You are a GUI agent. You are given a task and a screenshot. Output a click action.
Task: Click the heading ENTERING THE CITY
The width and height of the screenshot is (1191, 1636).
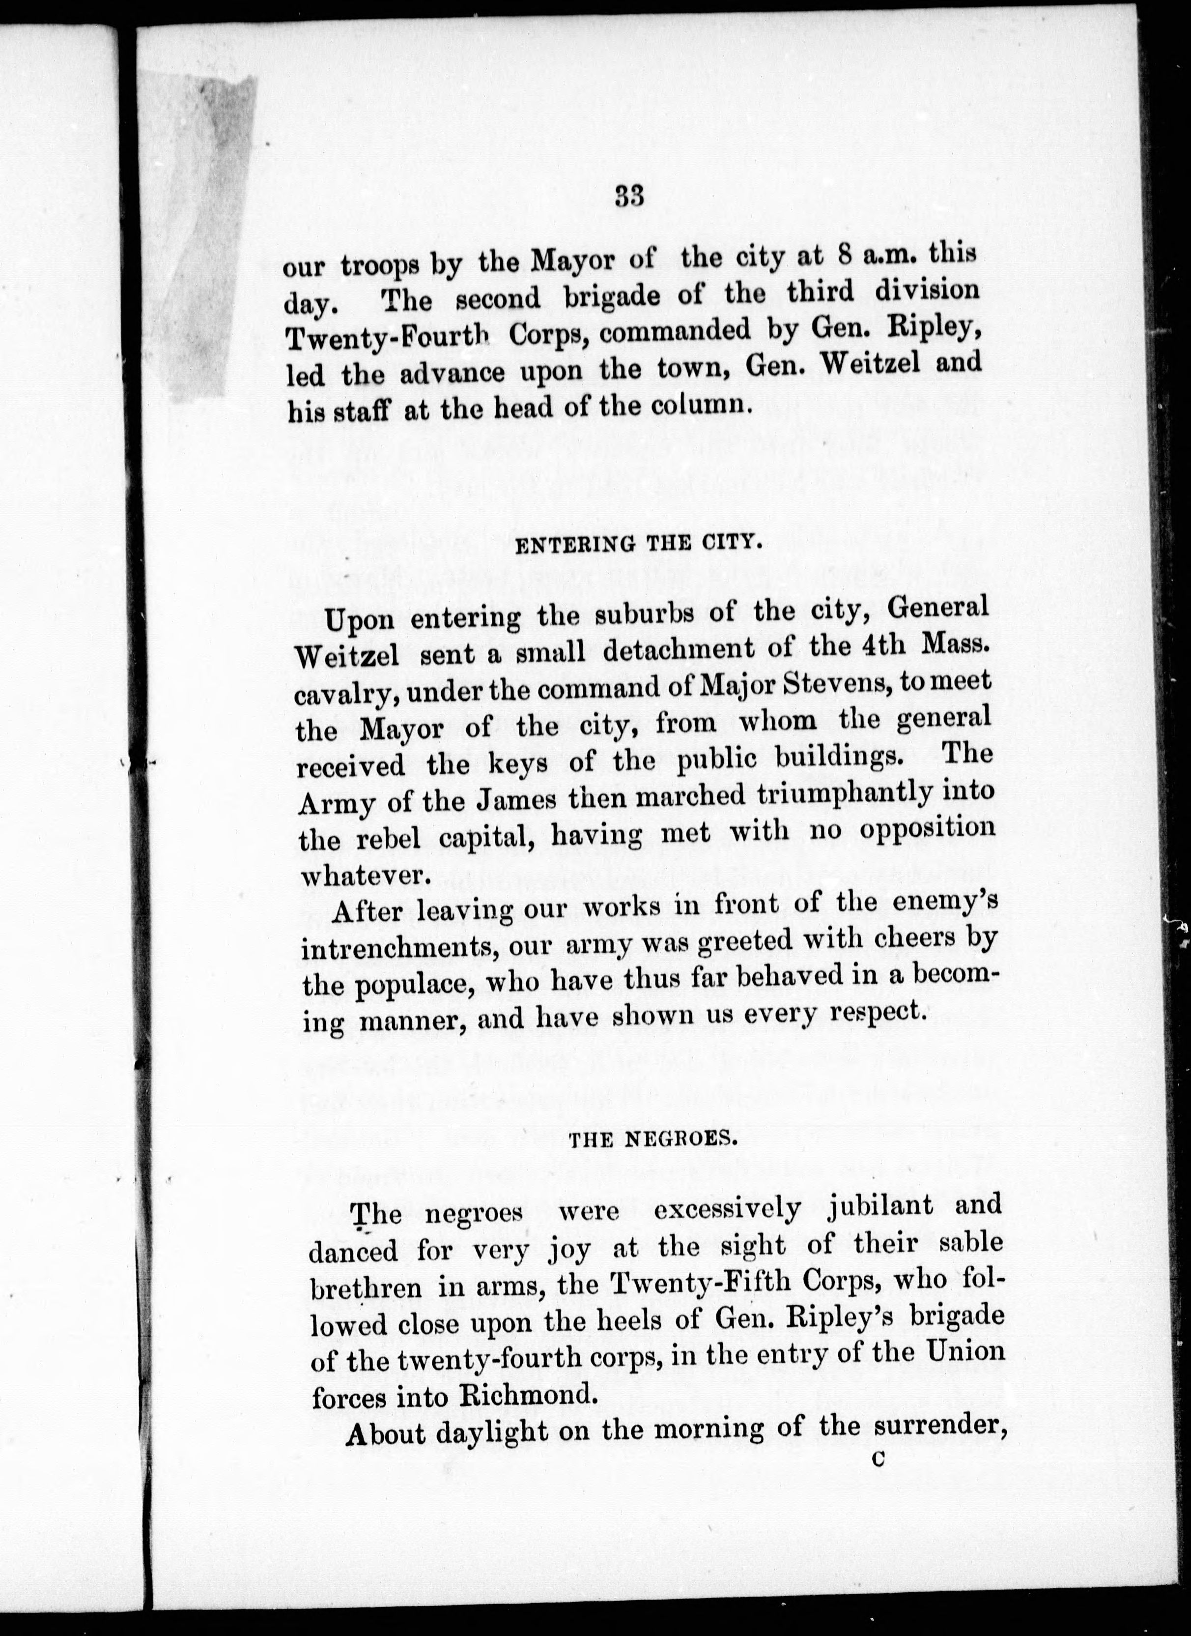640,543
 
